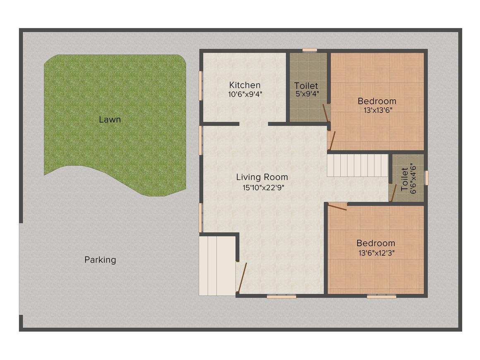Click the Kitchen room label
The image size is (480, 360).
click(245, 85)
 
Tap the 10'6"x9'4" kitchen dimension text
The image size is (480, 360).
click(245, 94)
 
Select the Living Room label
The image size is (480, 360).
click(262, 177)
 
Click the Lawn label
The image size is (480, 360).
click(110, 120)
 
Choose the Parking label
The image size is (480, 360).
click(100, 260)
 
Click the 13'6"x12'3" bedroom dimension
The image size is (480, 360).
click(375, 253)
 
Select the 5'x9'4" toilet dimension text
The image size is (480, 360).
click(306, 94)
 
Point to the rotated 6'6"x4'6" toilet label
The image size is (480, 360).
click(408, 178)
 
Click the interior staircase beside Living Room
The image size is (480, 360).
click(356, 166)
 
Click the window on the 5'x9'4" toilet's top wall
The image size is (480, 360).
click(309, 50)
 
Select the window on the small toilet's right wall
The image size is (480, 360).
click(426, 178)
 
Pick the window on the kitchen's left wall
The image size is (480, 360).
click(201, 85)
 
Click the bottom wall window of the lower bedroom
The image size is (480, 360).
click(382, 296)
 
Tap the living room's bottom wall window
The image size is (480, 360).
click(281, 296)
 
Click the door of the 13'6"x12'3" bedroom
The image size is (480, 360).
click(338, 206)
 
